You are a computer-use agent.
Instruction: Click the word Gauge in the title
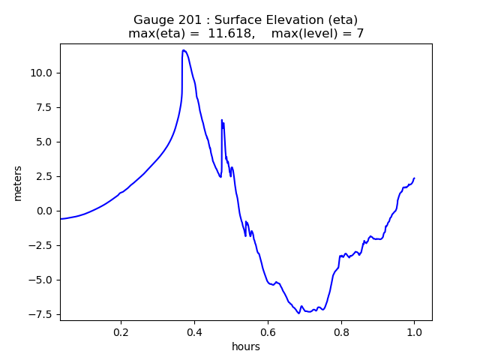tap(153, 20)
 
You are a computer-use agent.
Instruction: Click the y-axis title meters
tap(17, 183)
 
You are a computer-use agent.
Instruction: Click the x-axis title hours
tap(246, 347)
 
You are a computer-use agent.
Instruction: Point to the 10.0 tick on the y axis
tap(41, 73)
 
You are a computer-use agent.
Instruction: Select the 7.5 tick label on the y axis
tap(44, 107)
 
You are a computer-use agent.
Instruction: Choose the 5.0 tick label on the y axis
tap(44, 142)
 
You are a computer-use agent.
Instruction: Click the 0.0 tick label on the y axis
tap(44, 211)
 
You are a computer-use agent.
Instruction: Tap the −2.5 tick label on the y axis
tap(40, 245)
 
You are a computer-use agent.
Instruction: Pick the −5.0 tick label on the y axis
tap(40, 280)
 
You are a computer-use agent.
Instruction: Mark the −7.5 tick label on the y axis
tap(40, 314)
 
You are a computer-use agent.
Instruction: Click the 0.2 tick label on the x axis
tap(121, 331)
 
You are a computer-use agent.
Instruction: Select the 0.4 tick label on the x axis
tap(194, 331)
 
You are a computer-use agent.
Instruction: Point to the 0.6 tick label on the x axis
tap(268, 331)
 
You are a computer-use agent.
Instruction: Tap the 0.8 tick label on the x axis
tap(340, 331)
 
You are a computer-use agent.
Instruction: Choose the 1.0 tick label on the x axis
tap(414, 331)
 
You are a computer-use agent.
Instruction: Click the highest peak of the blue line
tap(183, 50)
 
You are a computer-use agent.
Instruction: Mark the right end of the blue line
tap(414, 178)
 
